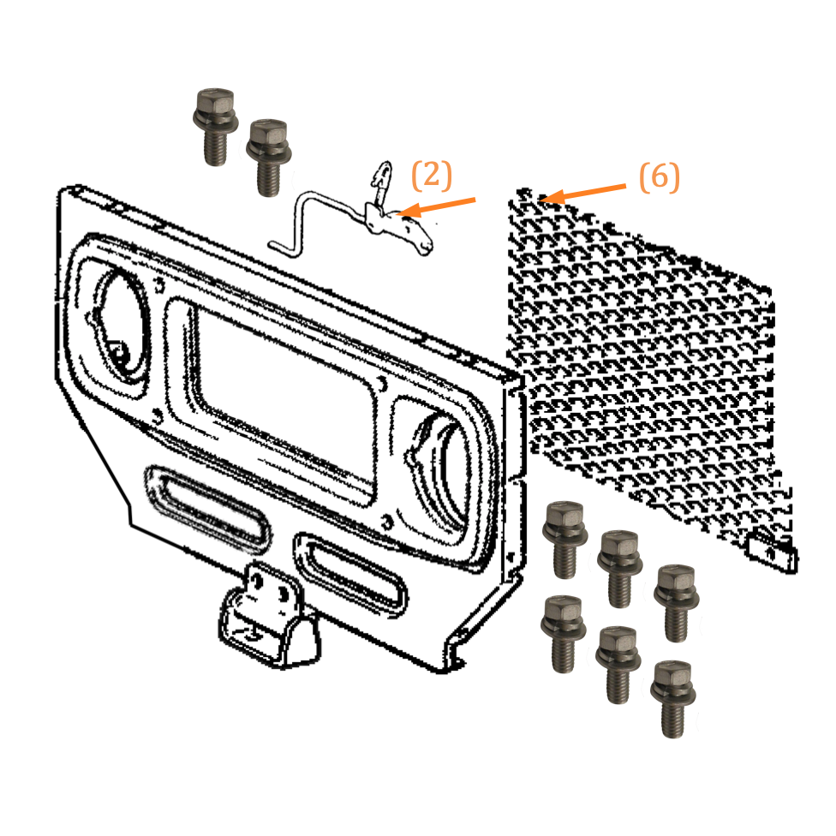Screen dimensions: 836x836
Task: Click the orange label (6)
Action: (x=660, y=177)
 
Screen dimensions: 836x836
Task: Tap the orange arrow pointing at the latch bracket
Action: (x=437, y=207)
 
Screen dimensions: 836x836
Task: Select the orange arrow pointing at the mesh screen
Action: (x=582, y=193)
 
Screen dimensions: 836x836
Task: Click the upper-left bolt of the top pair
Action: (x=215, y=127)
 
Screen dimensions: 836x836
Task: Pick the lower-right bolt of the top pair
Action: (x=269, y=158)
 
